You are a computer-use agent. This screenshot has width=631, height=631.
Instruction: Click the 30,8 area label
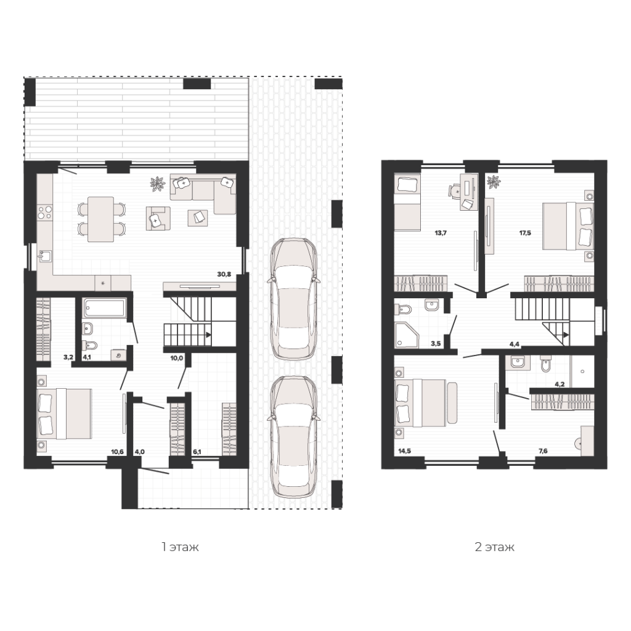pos(224,274)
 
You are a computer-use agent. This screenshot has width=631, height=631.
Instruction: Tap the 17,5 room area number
pos(525,233)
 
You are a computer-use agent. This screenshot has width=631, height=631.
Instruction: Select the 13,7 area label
pos(441,233)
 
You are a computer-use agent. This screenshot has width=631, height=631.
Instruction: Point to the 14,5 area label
pos(404,451)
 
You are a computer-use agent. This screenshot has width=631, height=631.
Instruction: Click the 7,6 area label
pos(543,451)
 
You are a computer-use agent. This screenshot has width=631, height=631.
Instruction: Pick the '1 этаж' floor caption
pos(180,547)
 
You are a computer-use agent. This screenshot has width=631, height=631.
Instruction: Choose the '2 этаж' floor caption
pos(495,547)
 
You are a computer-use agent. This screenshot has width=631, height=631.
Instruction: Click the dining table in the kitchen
pos(100,219)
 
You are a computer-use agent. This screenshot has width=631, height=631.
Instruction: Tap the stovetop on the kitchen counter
pos(44,213)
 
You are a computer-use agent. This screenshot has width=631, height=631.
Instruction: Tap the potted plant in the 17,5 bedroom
pos(493,182)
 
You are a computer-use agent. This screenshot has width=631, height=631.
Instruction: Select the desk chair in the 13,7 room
pos(455,190)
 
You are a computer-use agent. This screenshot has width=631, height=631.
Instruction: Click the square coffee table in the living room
pos(198,218)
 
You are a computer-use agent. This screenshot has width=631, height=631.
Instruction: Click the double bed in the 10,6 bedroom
pos(64,413)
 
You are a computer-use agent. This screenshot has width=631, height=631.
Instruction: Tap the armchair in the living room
pos(158,219)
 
